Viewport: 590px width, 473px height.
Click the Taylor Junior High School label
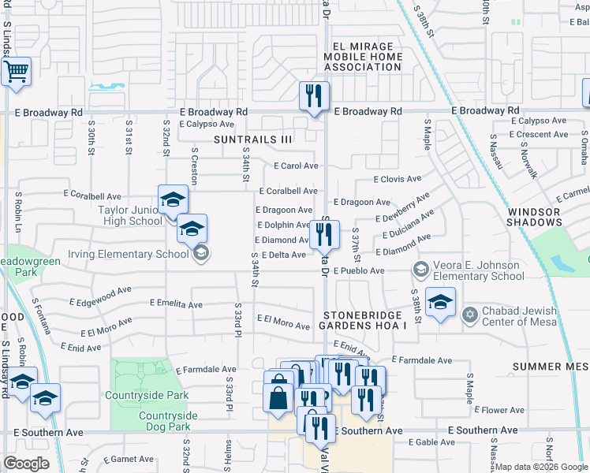[x=130, y=215]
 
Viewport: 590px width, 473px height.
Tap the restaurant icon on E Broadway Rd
[x=314, y=98]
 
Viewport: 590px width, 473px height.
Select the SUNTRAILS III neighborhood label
[x=252, y=140]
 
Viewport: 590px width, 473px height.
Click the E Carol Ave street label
[x=296, y=166]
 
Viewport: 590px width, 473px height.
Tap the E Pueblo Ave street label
[x=359, y=271]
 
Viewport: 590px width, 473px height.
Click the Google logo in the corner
[x=27, y=463]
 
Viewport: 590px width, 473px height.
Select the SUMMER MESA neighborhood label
[x=551, y=367]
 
